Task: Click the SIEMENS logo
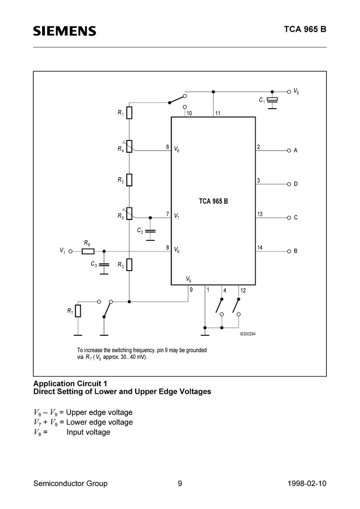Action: [x=65, y=31]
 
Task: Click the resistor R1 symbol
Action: [x=129, y=113]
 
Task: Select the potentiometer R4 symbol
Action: [x=129, y=146]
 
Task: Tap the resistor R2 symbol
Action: [x=129, y=180]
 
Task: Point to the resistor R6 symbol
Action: [x=88, y=251]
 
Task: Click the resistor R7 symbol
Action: [x=78, y=310]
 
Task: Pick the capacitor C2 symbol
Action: [x=150, y=231]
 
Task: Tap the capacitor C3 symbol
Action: [x=104, y=265]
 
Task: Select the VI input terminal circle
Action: [x=71, y=251]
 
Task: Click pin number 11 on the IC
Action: [x=218, y=113]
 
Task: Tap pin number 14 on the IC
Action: [x=260, y=247]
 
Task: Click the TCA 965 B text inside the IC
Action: [x=213, y=201]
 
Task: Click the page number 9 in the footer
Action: [x=180, y=484]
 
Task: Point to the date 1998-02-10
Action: [x=307, y=484]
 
